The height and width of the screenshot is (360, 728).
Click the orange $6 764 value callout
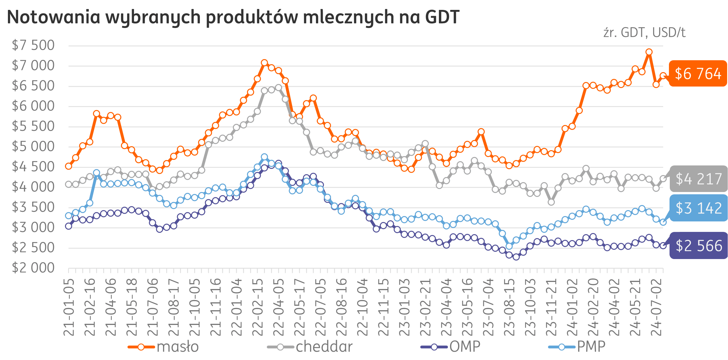(698, 74)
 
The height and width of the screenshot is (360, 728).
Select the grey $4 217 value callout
(699, 179)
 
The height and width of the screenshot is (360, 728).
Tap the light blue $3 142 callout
(699, 208)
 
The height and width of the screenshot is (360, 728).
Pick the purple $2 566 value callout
(699, 246)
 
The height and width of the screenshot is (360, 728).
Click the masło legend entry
(178, 347)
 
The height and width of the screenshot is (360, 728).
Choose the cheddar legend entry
(324, 347)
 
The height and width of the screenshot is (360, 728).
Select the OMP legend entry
(465, 347)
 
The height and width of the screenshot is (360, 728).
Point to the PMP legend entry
(591, 347)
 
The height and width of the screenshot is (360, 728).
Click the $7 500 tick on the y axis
(33, 45)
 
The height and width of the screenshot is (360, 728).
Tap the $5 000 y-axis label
(33, 146)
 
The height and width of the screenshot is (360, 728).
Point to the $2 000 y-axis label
(33, 268)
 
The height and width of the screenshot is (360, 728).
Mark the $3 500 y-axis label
(33, 207)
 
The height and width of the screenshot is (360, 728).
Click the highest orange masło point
(649, 52)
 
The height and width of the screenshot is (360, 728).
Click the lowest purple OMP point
(516, 257)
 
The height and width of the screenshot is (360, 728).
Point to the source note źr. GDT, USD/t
(644, 33)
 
